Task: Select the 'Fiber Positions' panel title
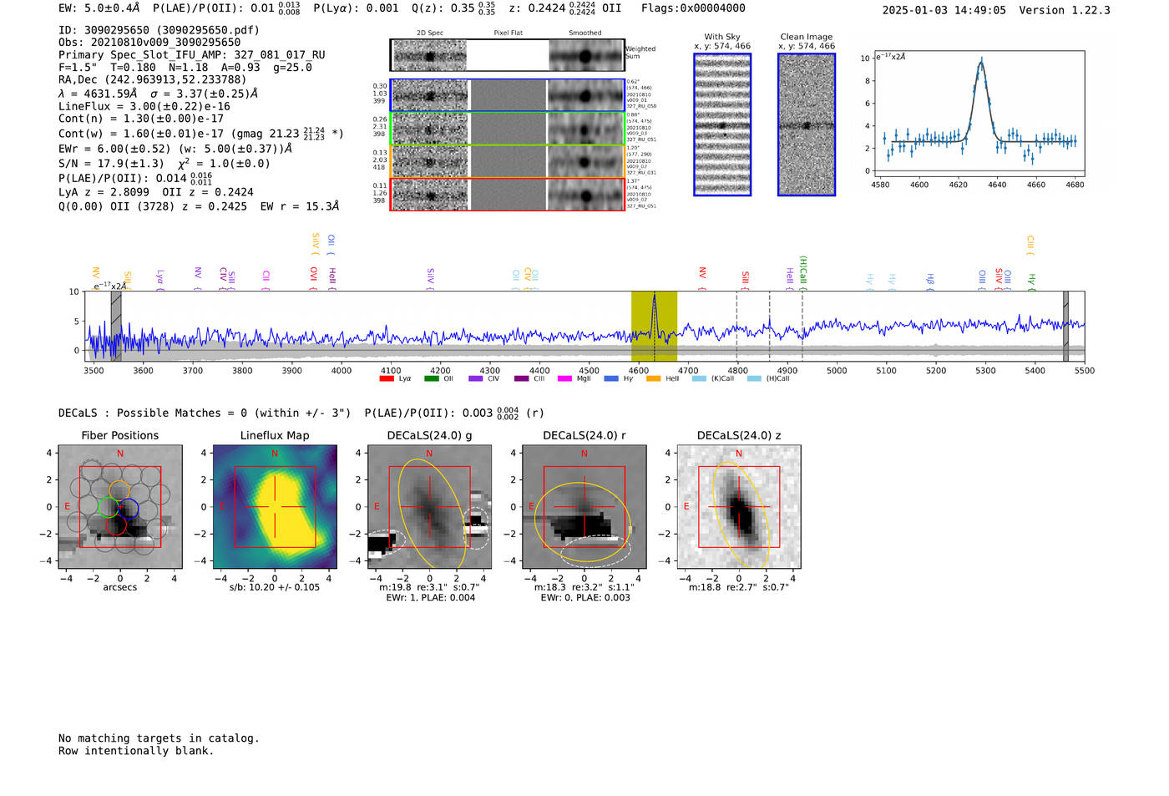119,435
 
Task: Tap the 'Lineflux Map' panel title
274,435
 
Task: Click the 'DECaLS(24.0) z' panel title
738,435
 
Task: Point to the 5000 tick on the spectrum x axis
837,370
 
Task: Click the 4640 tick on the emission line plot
997,185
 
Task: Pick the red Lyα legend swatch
387,378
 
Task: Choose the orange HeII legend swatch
653,378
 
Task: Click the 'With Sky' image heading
721,37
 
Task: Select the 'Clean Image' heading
806,37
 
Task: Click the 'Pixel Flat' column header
508,33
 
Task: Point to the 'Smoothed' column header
584,33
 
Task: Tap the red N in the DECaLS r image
584,454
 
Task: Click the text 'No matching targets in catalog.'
159,738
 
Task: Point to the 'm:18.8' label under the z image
705,587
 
